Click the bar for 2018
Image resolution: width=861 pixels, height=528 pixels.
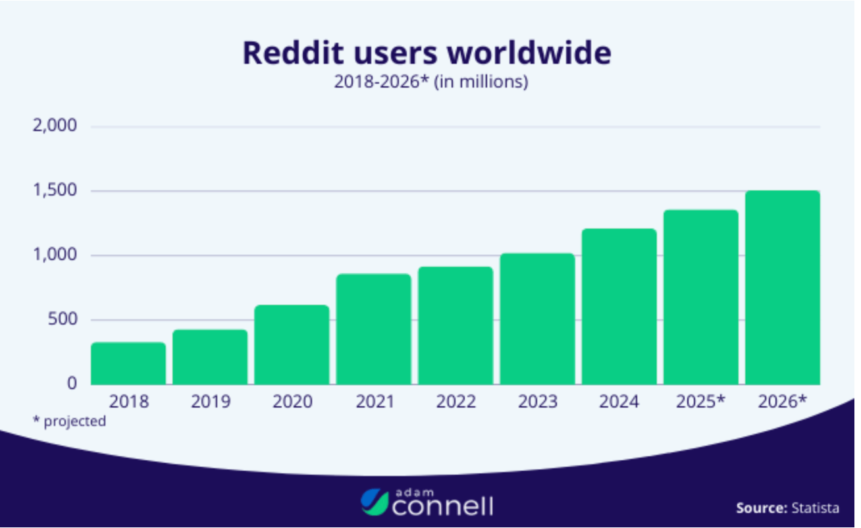coord(128,363)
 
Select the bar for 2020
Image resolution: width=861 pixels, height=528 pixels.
coord(292,345)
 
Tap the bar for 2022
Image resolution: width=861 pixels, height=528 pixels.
coord(456,326)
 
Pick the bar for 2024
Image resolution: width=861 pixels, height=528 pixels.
coord(619,307)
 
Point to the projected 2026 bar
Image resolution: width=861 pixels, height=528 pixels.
coord(783,288)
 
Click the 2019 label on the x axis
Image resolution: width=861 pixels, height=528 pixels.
coord(211,402)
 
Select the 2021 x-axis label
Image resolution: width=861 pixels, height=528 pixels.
coord(375,402)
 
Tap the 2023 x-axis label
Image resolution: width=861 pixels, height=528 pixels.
coord(538,402)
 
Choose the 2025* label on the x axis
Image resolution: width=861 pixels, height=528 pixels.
coord(700,402)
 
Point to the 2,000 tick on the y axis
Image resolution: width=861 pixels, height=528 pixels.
coord(55,126)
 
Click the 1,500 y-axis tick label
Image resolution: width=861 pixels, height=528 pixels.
coord(55,191)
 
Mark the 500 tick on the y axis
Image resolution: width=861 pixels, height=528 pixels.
coord(64,320)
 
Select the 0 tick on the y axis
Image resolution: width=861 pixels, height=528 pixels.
coord(72,383)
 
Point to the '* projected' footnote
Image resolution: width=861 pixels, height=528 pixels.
coord(69,421)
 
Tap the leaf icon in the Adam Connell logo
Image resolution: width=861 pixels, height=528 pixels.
coord(374,502)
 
